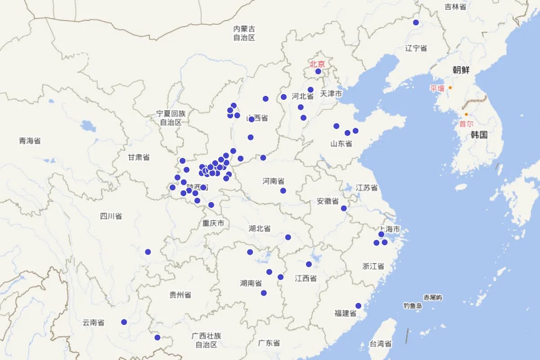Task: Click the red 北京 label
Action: click(x=317, y=64)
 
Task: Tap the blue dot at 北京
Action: click(x=318, y=71)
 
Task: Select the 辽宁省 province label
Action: click(x=416, y=48)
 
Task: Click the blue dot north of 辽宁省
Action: click(x=416, y=22)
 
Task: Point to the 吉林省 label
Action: click(x=455, y=7)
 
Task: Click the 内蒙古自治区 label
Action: click(x=244, y=33)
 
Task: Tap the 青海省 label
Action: click(x=30, y=141)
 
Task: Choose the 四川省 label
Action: click(x=111, y=216)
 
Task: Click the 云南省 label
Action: click(x=93, y=323)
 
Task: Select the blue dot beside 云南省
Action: click(x=124, y=322)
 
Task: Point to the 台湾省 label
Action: click(x=380, y=344)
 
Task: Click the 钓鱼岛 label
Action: click(x=413, y=306)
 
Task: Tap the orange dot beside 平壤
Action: click(x=450, y=88)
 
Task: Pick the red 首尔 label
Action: click(x=466, y=124)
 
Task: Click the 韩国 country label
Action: click(x=479, y=135)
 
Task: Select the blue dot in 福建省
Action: click(x=358, y=306)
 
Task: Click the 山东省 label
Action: click(x=341, y=144)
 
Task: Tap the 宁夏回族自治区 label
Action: click(x=171, y=118)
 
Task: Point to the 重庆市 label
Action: click(x=213, y=223)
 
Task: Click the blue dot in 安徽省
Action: click(x=344, y=208)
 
